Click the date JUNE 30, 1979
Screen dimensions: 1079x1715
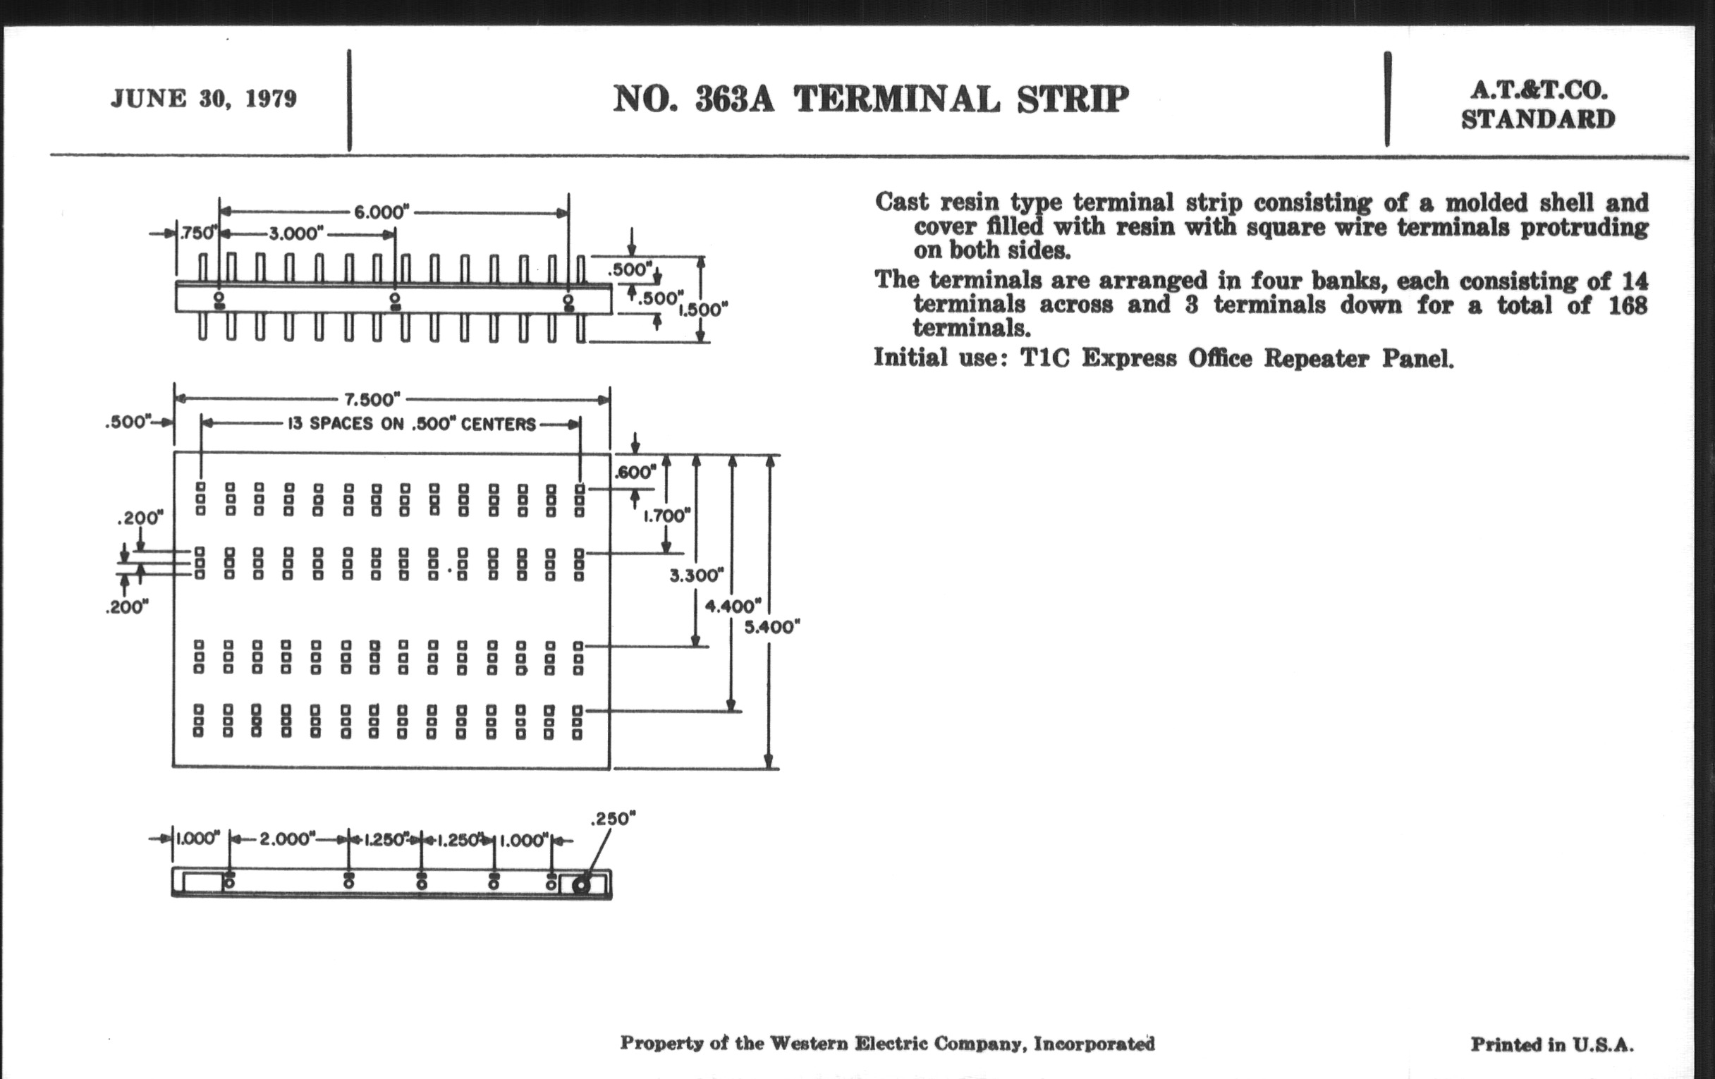pos(204,98)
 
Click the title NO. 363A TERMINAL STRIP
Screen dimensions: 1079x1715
pos(870,99)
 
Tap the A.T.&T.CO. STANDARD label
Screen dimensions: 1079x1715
pos(1538,104)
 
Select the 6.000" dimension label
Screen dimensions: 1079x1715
pos(382,212)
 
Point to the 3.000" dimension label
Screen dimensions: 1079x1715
pos(296,233)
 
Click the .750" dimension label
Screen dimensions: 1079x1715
pos(193,233)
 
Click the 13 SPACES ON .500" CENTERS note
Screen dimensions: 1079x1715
pos(411,425)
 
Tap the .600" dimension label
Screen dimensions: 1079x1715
pos(635,472)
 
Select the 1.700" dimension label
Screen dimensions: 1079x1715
pos(667,515)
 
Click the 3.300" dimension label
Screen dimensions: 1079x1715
pos(697,575)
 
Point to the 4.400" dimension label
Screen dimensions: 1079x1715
pos(733,606)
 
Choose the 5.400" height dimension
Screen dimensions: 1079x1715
pos(772,627)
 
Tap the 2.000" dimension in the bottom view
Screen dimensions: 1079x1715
pos(287,839)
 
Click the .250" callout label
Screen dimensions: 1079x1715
pos(614,818)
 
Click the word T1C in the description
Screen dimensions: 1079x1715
pos(1045,358)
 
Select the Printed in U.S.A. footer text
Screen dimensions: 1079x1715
pos(1552,1045)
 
